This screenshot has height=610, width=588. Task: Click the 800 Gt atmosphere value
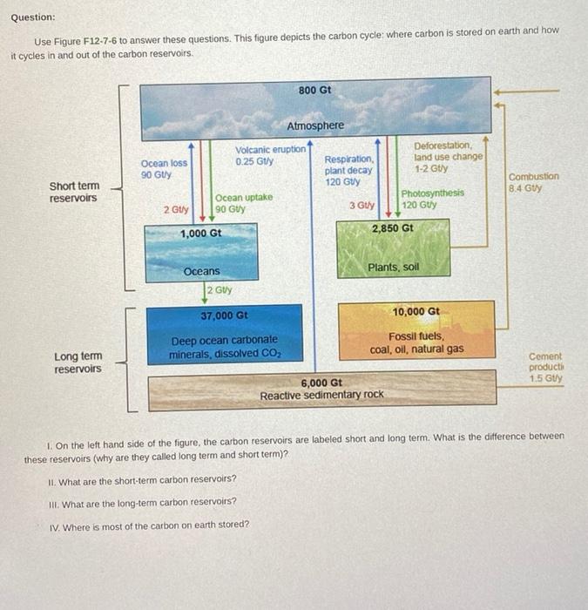tap(314, 90)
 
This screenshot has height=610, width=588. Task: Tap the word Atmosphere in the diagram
tap(315, 125)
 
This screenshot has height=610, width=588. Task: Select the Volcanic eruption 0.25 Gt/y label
tap(270, 155)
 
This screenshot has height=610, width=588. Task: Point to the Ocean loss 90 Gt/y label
tap(164, 169)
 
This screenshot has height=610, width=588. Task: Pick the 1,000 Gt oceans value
tap(201, 234)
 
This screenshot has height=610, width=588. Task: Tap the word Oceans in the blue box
tap(201, 272)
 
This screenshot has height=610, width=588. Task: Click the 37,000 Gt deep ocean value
tap(225, 315)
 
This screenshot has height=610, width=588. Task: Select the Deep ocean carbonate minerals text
tap(225, 347)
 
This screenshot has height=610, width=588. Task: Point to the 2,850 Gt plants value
tap(393, 228)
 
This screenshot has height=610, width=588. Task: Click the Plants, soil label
tap(394, 267)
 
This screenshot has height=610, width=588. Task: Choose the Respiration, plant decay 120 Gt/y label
tap(348, 171)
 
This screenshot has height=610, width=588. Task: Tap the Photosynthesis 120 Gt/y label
tap(432, 199)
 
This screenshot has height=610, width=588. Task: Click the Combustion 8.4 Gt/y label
tap(533, 181)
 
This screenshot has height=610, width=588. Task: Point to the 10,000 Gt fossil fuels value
tap(416, 311)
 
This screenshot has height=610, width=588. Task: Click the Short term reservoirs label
tap(74, 192)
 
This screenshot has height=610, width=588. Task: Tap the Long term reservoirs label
tap(78, 363)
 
